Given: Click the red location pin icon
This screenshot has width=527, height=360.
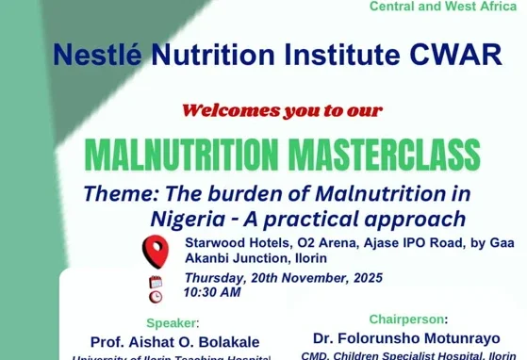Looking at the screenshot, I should pyautogui.click(x=155, y=251).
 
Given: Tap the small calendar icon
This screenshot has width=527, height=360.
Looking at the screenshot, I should pyautogui.click(x=155, y=282).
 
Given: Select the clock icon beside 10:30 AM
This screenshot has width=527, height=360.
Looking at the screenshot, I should pyautogui.click(x=155, y=296).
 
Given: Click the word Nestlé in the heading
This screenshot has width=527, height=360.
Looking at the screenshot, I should pyautogui.click(x=97, y=55).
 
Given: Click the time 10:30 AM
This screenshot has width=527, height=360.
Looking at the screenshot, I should pyautogui.click(x=212, y=292).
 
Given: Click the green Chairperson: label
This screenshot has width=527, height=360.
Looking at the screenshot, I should pyautogui.click(x=408, y=319).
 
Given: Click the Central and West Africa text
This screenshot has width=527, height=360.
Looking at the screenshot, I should pyautogui.click(x=443, y=7).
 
